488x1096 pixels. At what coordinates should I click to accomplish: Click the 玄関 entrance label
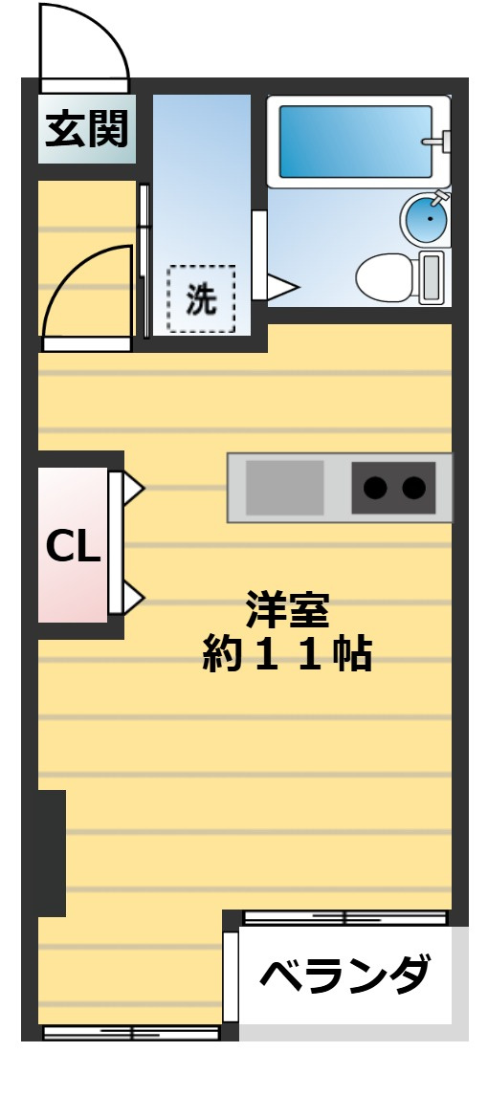87,128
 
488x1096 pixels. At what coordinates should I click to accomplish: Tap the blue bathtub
355,142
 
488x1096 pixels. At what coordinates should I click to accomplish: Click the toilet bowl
385,277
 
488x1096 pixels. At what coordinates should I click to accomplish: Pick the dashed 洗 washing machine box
201,300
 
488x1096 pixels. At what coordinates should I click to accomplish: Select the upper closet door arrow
132,490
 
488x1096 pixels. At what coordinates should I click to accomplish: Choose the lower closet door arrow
132,600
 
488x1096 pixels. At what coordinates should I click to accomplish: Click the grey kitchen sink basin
285,488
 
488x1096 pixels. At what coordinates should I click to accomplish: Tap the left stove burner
376,488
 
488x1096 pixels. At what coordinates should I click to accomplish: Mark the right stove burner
413,488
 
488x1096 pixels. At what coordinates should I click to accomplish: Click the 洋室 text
286,608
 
